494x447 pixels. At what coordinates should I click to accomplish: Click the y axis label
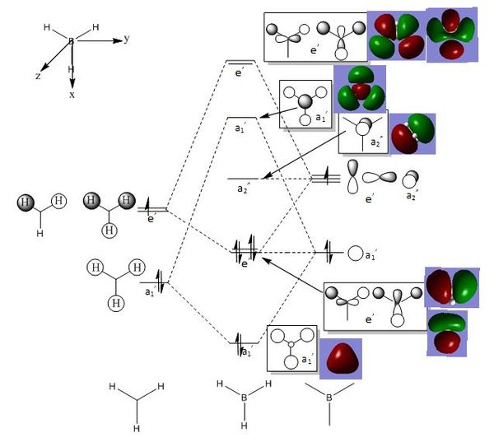click(x=127, y=39)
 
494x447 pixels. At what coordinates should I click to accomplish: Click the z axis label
click(x=38, y=76)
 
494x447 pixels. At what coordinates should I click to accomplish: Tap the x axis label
click(x=72, y=95)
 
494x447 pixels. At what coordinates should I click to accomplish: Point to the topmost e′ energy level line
click(x=240, y=61)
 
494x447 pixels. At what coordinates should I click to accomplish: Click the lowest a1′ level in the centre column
click(x=240, y=341)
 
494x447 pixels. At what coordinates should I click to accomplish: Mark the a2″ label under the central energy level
click(x=243, y=190)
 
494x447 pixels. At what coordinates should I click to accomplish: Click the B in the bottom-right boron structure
click(x=329, y=398)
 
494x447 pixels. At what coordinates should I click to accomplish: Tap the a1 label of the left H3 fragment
click(x=150, y=291)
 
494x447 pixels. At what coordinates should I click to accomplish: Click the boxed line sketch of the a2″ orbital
click(x=360, y=132)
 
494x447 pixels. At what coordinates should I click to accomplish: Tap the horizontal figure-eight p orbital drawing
click(x=381, y=177)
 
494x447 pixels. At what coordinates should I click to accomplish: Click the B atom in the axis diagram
click(x=71, y=40)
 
